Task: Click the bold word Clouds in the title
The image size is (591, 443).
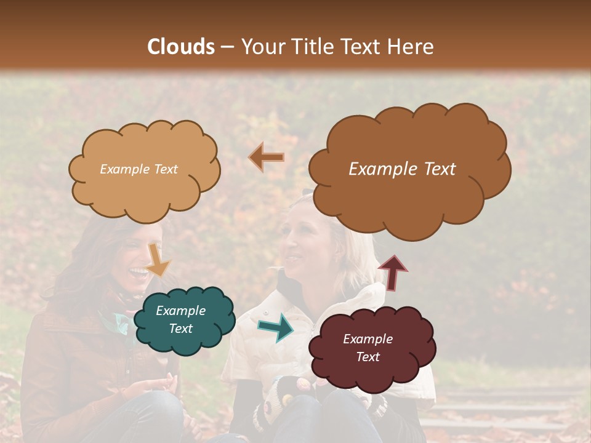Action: (181, 47)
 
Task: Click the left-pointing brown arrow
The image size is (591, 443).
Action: (266, 158)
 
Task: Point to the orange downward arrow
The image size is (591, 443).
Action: (158, 258)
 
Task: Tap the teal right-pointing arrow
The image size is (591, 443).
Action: (276, 327)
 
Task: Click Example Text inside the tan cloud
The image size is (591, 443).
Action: (139, 169)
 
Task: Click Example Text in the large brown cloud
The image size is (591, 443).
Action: (402, 169)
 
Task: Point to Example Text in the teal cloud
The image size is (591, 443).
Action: (180, 320)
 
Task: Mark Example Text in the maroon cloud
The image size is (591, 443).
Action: (368, 348)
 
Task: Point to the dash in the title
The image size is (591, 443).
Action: (227, 47)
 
